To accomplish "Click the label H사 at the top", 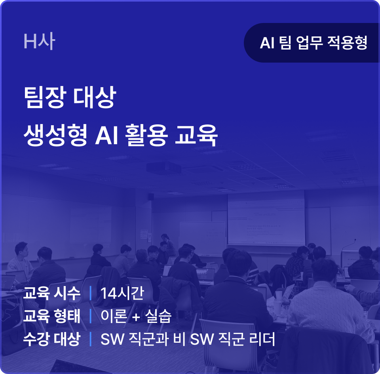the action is pyautogui.click(x=39, y=41).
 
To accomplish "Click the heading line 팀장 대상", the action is pyautogui.click(x=70, y=97).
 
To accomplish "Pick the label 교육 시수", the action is pyautogui.click(x=51, y=293).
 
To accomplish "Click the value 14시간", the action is pyautogui.click(x=122, y=293).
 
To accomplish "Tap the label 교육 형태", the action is pyautogui.click(x=51, y=316).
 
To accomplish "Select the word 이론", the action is pyautogui.click(x=114, y=316).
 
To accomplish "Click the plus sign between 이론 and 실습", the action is pyautogui.click(x=136, y=317).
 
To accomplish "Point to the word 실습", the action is pyautogui.click(x=158, y=316).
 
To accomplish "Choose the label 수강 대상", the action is pyautogui.click(x=51, y=339).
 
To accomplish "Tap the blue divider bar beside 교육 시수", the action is pyautogui.click(x=90, y=293).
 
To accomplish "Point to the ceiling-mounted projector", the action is pyautogui.click(x=164, y=167).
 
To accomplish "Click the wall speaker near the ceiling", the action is pyautogui.click(x=151, y=197).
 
